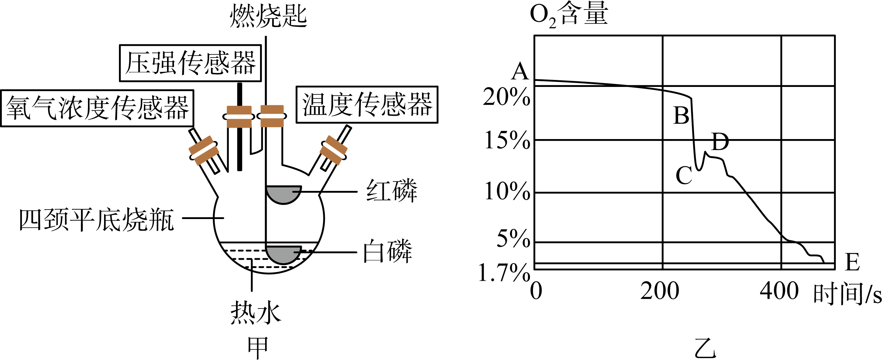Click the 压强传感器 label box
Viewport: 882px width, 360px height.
(x=190, y=63)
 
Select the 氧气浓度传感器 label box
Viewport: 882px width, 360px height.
(x=97, y=108)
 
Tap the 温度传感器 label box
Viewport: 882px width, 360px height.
(x=367, y=104)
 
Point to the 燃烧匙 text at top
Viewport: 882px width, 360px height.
(x=268, y=16)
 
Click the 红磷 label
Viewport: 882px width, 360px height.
(x=392, y=190)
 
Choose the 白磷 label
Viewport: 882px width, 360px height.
(x=388, y=251)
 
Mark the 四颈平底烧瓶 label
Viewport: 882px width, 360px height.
(x=96, y=219)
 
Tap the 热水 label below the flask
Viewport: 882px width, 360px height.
(x=256, y=313)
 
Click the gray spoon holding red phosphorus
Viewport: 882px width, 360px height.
(x=284, y=194)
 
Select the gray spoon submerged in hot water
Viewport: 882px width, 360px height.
(x=284, y=254)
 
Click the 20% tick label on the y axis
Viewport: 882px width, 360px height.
(x=506, y=97)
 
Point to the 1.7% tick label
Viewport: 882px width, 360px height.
(x=504, y=273)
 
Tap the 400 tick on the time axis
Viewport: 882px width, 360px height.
(x=779, y=291)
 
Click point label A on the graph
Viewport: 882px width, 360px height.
(x=520, y=71)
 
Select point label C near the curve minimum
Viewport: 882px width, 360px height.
(x=684, y=175)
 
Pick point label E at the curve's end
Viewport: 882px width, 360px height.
(x=852, y=262)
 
